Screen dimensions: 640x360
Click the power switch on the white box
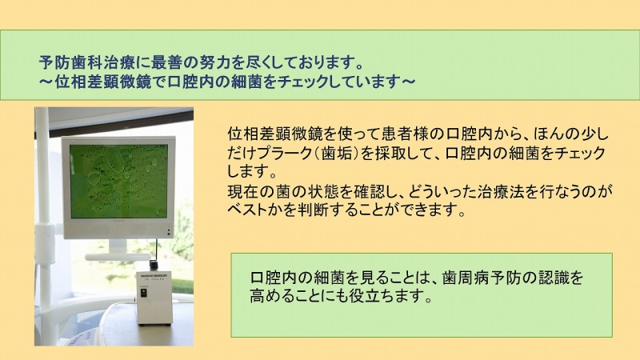click(x=144, y=294)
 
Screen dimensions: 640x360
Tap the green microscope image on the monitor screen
click(x=118, y=181)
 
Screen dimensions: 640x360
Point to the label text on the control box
click(x=154, y=276)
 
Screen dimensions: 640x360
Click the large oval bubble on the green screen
click(x=95, y=178)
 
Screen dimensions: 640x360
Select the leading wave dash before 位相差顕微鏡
click(x=46, y=82)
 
